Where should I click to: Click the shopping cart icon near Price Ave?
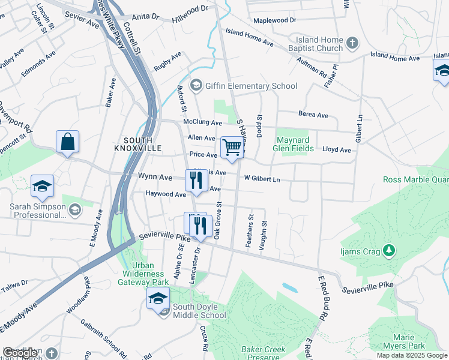tap(232, 148)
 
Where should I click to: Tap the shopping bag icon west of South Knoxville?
tap(67, 143)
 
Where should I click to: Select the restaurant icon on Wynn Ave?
tap(196, 181)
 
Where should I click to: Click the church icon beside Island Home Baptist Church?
tap(352, 43)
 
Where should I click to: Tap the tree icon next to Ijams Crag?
tap(389, 249)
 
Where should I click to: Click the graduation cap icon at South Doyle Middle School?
tap(158, 299)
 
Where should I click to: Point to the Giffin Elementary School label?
tap(251, 86)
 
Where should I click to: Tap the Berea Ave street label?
tap(313, 115)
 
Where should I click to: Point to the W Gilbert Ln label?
tap(262, 179)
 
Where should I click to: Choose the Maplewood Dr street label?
tap(275, 20)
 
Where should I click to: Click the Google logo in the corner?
tap(20, 353)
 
